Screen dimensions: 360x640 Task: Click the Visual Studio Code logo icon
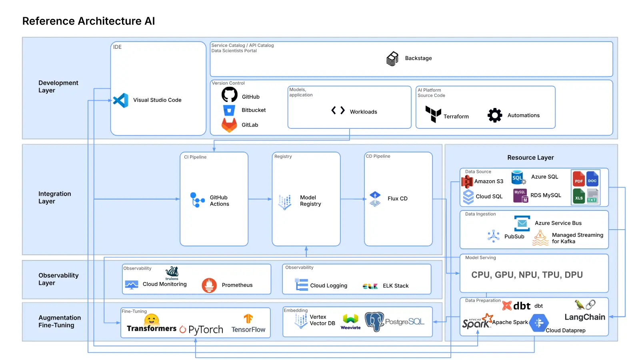pyautogui.click(x=120, y=100)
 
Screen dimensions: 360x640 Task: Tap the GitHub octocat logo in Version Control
pyautogui.click(x=230, y=95)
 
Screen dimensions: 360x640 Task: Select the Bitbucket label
pyautogui.click(x=253, y=110)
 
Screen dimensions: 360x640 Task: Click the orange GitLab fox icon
pyautogui.click(x=229, y=125)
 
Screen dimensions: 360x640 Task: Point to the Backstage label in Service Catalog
pyautogui.click(x=418, y=58)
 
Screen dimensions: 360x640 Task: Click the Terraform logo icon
pyautogui.click(x=433, y=114)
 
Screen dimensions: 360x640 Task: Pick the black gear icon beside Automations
pyautogui.click(x=495, y=115)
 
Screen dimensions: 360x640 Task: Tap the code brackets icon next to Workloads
pyautogui.click(x=338, y=110)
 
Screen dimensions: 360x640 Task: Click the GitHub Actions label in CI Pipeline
pyautogui.click(x=219, y=201)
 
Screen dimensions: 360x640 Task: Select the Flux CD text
pyautogui.click(x=397, y=199)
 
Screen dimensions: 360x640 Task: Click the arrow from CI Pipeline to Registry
pyautogui.click(x=260, y=199)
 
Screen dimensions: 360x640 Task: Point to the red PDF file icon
pyautogui.click(x=578, y=178)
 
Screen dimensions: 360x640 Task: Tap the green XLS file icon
pyautogui.click(x=578, y=196)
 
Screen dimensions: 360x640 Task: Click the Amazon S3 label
pyautogui.click(x=488, y=182)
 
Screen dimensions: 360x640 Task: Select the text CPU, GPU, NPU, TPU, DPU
pyautogui.click(x=527, y=275)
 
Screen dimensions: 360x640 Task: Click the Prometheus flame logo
pyautogui.click(x=209, y=285)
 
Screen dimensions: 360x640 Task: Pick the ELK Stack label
pyautogui.click(x=395, y=286)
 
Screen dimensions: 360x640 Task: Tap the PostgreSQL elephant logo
pyautogui.click(x=374, y=322)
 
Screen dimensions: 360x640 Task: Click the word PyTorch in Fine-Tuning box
pyautogui.click(x=206, y=330)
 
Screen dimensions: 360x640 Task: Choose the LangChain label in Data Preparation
pyautogui.click(x=584, y=317)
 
